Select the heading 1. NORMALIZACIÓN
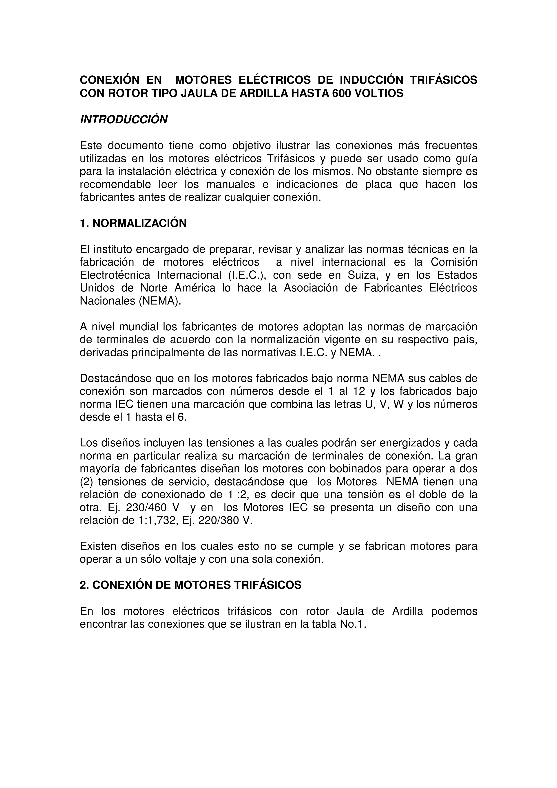[133, 223]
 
